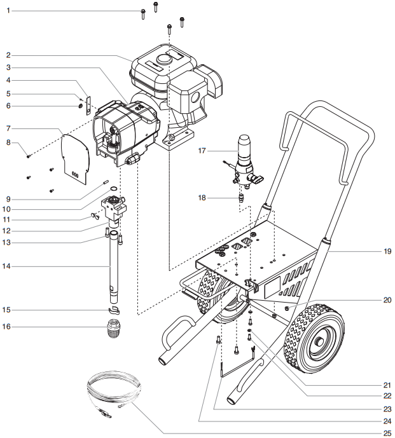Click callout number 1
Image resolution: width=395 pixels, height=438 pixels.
click(x=8, y=11)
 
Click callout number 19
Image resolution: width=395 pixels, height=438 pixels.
click(x=387, y=251)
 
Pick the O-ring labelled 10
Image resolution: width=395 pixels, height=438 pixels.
click(x=112, y=189)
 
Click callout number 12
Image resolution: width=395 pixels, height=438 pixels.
click(x=8, y=231)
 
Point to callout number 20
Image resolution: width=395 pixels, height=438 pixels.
click(x=387, y=299)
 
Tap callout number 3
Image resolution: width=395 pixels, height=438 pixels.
click(x=8, y=67)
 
